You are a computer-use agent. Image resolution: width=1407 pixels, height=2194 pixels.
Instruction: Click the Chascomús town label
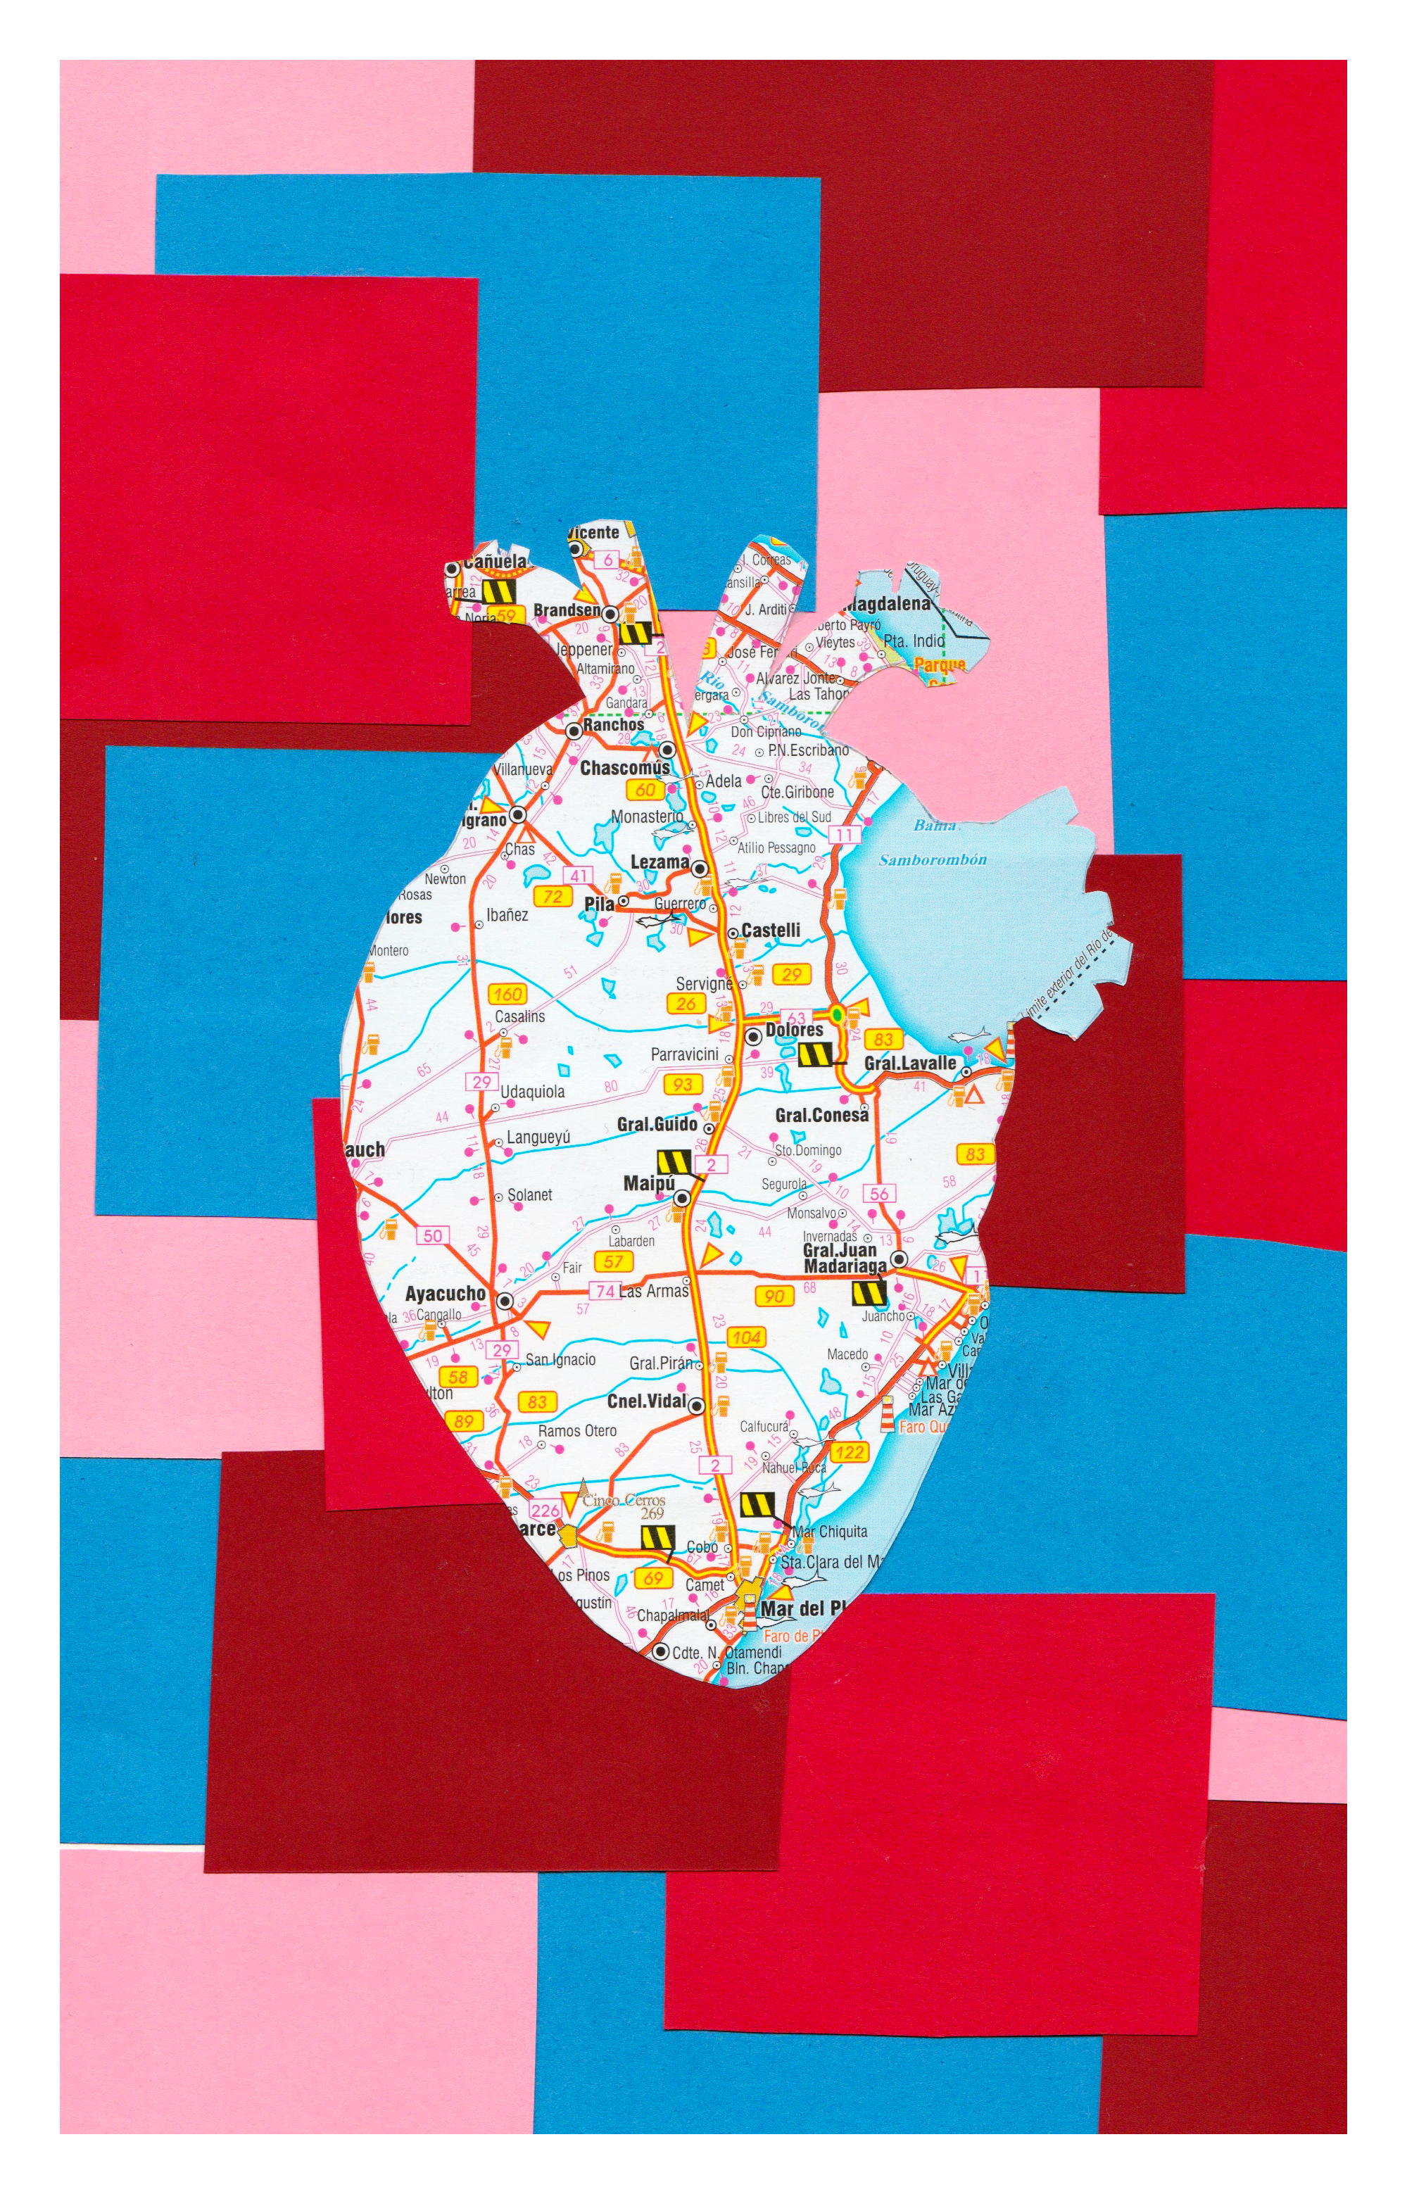(625, 767)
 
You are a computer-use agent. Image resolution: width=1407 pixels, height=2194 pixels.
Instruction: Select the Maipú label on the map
(649, 1184)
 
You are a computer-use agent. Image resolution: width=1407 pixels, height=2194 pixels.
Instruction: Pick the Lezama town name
(660, 862)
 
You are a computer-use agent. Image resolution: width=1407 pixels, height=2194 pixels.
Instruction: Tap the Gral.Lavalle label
(910, 1063)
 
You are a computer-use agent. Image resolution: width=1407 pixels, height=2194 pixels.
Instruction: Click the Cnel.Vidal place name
(646, 1401)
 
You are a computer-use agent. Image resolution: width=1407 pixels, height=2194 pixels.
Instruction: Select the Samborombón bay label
(932, 859)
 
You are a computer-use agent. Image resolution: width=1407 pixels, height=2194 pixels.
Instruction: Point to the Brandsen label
(567, 610)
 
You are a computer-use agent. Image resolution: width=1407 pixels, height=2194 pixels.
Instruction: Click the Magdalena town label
(888, 604)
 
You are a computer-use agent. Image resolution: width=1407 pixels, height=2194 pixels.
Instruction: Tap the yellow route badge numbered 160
(506, 994)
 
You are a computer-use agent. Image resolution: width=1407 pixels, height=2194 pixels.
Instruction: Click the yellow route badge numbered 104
(747, 1337)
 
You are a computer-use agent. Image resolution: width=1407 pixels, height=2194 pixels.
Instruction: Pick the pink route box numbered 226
(545, 1511)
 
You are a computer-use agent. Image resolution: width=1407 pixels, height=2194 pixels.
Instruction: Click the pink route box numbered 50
(433, 1236)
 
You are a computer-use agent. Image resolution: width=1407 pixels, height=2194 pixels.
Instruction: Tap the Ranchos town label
(613, 725)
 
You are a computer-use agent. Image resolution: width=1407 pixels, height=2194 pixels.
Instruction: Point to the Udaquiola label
(533, 1092)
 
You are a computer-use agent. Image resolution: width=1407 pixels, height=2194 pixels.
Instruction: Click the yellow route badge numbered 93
(683, 1084)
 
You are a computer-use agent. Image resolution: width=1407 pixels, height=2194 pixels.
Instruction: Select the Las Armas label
(653, 1291)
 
